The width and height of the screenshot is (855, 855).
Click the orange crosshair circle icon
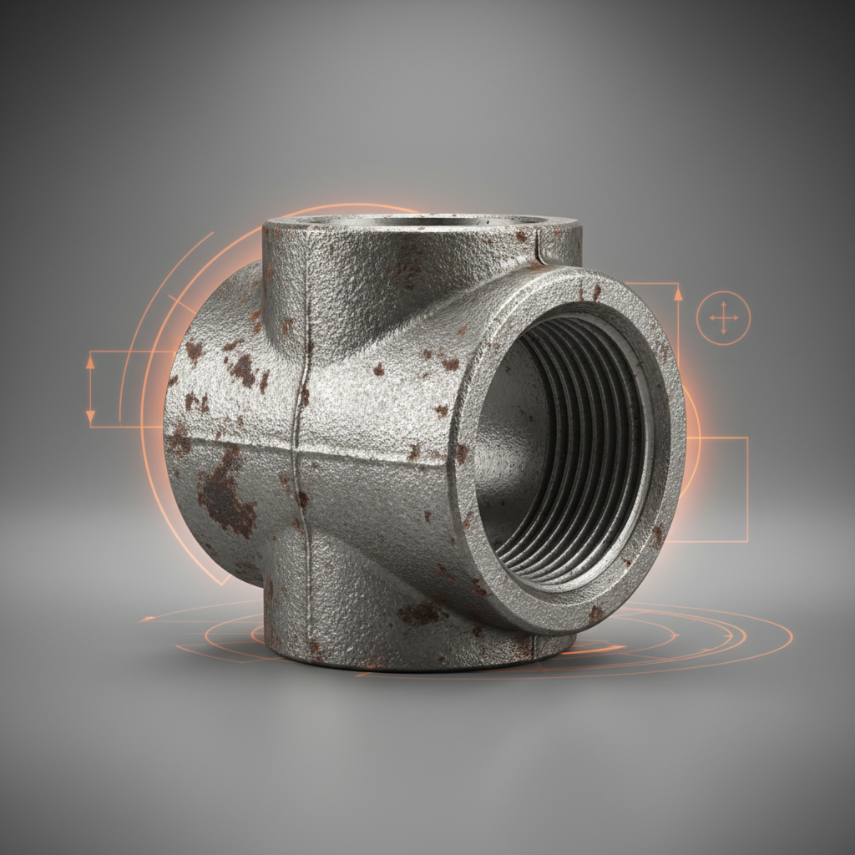(723, 318)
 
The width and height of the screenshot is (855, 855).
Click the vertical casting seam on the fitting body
(299, 401)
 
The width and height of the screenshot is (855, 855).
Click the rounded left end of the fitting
(180, 417)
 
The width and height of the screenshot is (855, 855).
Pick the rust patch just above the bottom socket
(422, 614)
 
